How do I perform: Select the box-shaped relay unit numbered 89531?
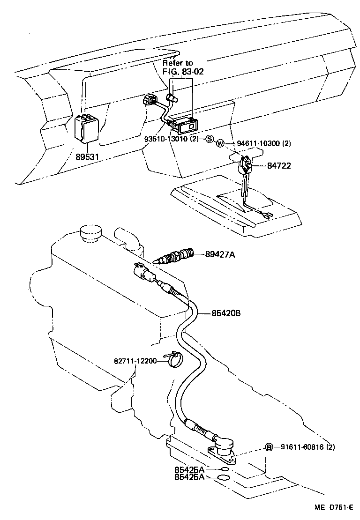coord(88,126)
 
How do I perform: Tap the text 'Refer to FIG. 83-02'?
coord(178,67)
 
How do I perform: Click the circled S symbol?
coord(210,139)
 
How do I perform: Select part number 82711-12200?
coord(135,361)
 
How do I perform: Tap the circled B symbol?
coord(269,447)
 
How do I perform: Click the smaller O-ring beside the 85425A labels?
coord(225,469)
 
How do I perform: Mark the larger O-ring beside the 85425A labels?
coord(225,477)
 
